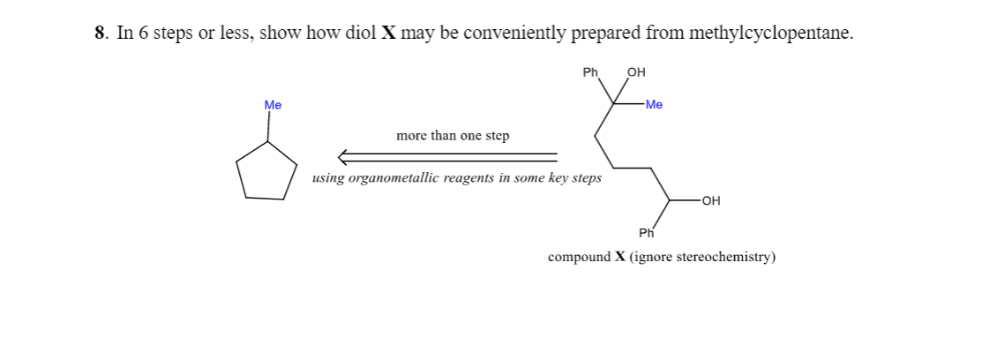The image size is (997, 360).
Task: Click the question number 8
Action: click(100, 34)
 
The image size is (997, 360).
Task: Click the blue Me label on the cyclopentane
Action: click(273, 105)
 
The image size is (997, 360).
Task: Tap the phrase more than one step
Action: click(453, 136)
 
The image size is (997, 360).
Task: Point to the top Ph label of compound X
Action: click(591, 72)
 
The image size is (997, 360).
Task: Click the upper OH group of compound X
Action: click(635, 72)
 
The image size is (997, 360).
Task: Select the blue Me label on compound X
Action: click(654, 105)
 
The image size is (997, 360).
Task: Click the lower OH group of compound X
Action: click(712, 200)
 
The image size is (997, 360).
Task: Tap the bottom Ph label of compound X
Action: click(646, 233)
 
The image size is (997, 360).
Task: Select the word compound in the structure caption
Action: click(579, 258)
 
